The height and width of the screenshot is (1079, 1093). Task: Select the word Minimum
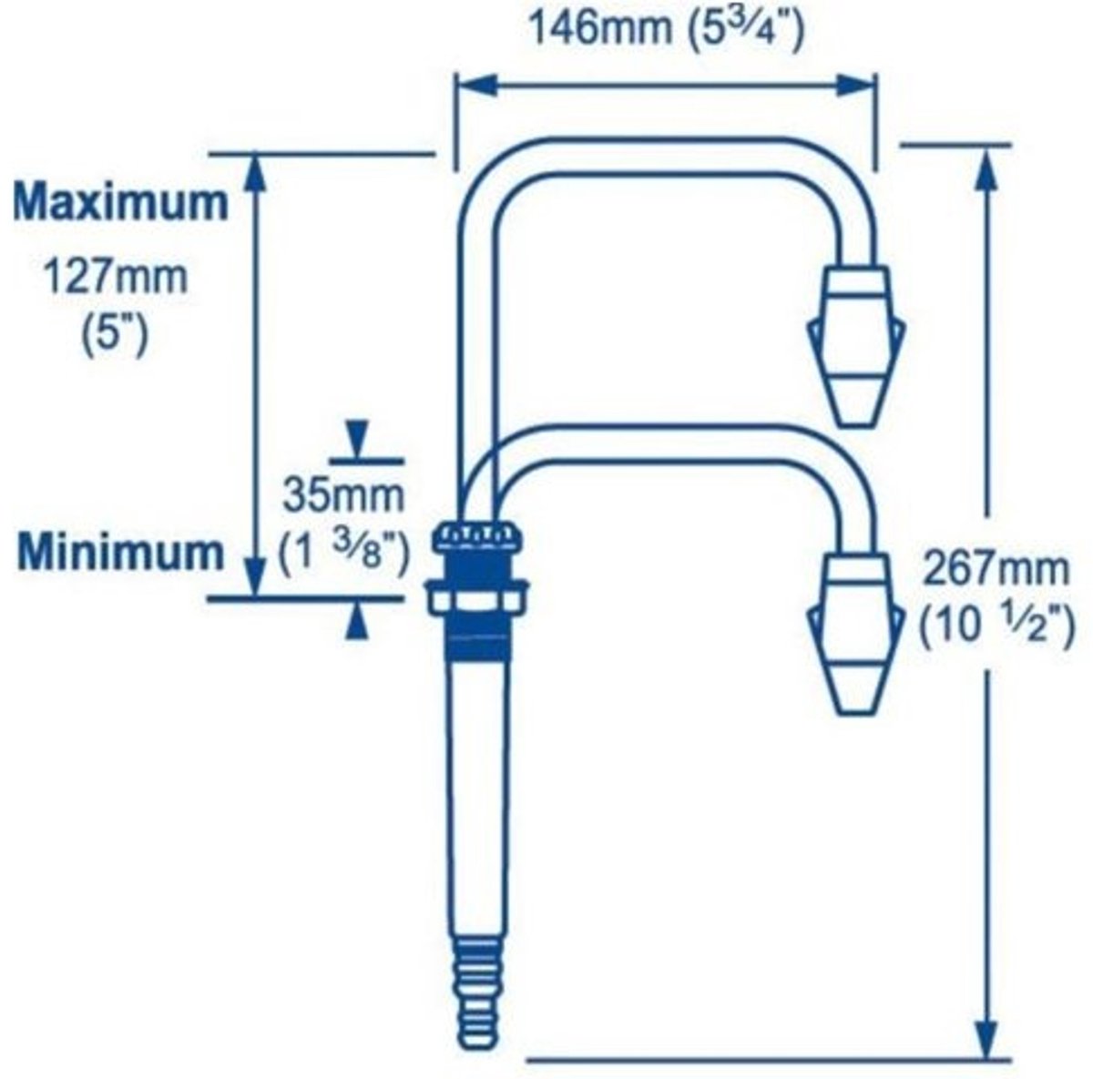pos(121,552)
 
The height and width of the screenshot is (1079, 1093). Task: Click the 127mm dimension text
pos(115,277)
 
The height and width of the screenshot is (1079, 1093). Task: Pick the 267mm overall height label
pos(996,570)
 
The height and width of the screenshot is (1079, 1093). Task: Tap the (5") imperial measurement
pos(115,335)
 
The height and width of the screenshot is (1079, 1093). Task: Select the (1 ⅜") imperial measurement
pos(343,552)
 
